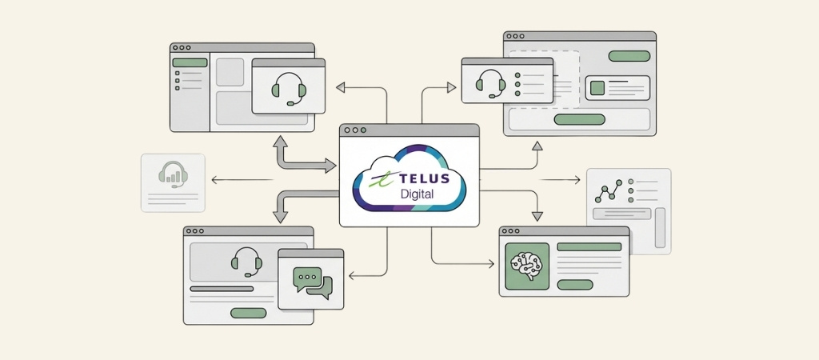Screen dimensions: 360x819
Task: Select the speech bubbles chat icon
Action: click(x=311, y=282)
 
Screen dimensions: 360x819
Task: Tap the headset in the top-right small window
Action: click(x=490, y=82)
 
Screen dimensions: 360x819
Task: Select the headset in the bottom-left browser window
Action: click(x=247, y=261)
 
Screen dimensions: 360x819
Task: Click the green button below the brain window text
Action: click(x=574, y=284)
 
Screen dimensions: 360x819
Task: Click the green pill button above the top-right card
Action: click(x=629, y=56)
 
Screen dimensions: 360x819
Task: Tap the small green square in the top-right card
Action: click(x=597, y=87)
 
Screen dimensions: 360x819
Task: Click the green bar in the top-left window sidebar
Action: click(x=189, y=62)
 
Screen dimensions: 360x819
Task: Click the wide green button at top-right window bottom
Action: click(x=580, y=119)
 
